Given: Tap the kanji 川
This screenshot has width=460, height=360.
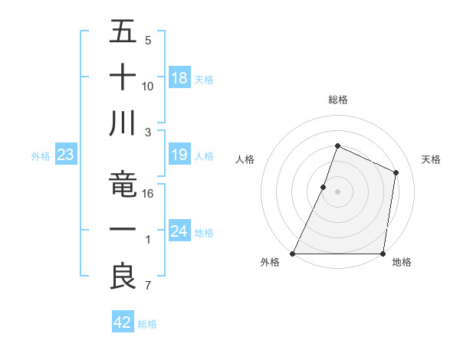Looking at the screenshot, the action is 122,123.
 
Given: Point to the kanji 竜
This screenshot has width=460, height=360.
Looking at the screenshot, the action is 122,184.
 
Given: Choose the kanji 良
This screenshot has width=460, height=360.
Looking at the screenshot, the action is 122,277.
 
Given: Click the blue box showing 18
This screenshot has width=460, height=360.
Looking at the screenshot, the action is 179,78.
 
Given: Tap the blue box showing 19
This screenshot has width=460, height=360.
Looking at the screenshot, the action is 179,155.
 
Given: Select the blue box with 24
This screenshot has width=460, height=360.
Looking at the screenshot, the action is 179,232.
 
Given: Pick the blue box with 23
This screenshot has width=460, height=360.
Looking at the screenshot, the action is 65,155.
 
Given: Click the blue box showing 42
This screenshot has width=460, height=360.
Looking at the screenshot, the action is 123,323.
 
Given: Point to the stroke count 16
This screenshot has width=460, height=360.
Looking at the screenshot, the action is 149,194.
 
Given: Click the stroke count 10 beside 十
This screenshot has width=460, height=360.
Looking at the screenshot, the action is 149,86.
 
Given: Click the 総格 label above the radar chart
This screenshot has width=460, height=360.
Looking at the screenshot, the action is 337,100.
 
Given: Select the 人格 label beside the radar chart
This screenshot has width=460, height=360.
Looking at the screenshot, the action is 245,159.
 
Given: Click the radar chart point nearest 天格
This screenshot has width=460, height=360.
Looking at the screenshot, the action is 396,172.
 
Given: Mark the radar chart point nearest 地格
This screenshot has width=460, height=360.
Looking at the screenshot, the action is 383,254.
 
